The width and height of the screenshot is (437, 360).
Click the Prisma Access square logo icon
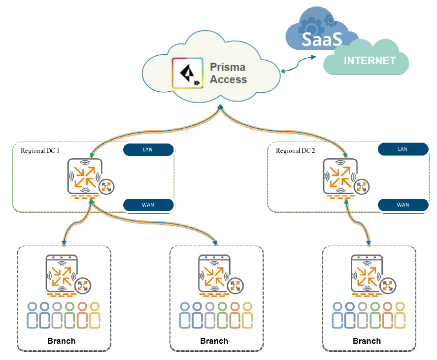tap(187, 73)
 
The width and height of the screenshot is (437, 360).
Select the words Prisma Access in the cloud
tap(228, 72)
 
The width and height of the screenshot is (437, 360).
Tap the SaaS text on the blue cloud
tap(320, 39)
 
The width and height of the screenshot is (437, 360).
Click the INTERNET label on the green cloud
tap(370, 61)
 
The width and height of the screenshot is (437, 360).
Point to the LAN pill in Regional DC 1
tap(148, 149)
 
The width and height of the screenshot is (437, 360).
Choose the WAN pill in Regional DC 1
tap(148, 205)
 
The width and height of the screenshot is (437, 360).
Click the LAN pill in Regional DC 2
tap(403, 149)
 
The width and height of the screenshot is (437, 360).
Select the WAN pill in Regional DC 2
tap(403, 205)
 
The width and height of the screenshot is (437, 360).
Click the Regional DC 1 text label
tap(40, 150)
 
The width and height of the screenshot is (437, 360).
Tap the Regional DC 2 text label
tap(295, 150)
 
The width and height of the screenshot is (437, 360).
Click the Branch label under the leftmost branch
tap(62, 341)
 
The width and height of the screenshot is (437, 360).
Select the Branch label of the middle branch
tap(214, 341)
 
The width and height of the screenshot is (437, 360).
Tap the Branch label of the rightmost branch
tap(367, 341)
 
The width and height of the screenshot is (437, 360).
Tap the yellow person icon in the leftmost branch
tap(95, 316)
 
